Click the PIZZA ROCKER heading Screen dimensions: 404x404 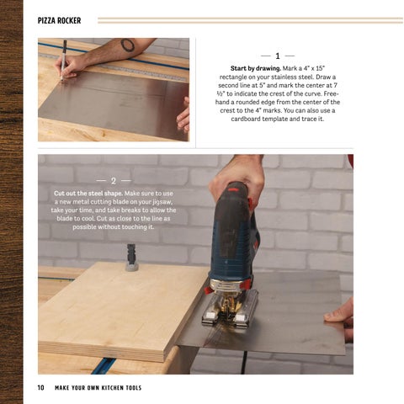point(59,20)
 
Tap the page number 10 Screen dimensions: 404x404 point(40,387)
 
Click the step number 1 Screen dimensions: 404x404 point(278,56)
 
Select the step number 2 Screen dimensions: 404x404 point(114,181)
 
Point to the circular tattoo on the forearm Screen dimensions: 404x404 point(128,45)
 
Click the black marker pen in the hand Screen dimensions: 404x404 point(64,60)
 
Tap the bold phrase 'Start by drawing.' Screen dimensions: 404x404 point(255,68)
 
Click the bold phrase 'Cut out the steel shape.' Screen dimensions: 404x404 point(88,194)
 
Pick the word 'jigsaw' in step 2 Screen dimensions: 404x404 point(162,202)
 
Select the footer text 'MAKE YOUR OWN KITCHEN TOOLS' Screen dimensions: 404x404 point(98,388)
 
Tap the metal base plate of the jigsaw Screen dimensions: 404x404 point(230,310)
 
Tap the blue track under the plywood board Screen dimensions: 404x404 point(103,365)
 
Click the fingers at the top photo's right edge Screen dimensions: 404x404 point(183,115)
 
